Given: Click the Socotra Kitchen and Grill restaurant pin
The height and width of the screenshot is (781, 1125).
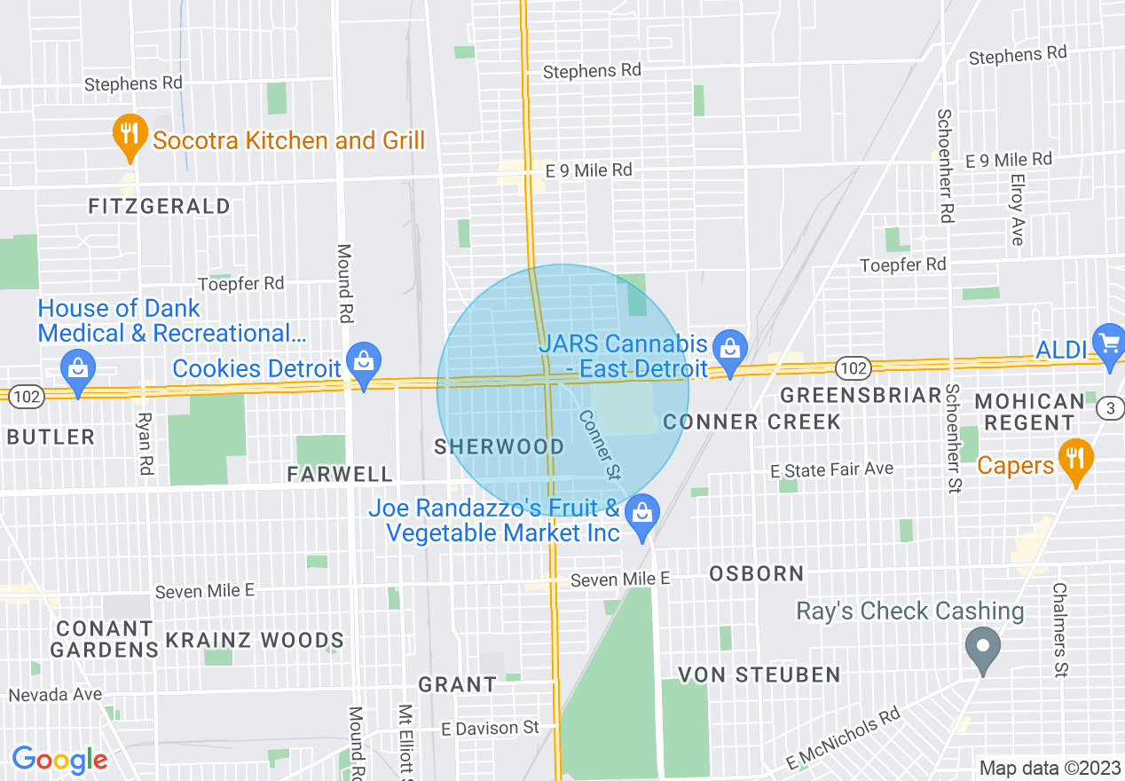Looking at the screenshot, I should [x=130, y=136].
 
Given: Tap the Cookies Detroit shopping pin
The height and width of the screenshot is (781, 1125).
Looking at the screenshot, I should [x=364, y=362].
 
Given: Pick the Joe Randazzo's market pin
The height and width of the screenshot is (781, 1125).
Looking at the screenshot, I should [x=642, y=515].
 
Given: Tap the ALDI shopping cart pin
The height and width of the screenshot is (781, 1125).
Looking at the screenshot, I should [x=1109, y=343].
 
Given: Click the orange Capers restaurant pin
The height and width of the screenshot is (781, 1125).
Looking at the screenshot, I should [x=1075, y=460].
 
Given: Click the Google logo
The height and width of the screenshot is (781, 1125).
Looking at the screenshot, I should [x=59, y=760].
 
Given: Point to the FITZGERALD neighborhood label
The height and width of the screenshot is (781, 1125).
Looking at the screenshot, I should [x=160, y=207].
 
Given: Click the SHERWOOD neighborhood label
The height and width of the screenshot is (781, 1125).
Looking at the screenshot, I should [x=500, y=446].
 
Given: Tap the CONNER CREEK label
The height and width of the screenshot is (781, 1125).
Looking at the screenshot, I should [x=752, y=422].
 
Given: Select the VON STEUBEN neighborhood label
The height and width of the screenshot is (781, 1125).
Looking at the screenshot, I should [x=759, y=675].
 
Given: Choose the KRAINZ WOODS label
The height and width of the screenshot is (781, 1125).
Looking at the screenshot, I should [x=255, y=640].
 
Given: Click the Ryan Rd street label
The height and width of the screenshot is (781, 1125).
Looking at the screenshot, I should [x=146, y=442].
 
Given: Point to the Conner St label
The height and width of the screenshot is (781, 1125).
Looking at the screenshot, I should [x=599, y=445].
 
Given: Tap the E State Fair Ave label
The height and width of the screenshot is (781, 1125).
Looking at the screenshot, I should [x=831, y=469].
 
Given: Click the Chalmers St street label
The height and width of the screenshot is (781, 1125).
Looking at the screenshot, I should [x=1059, y=629].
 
